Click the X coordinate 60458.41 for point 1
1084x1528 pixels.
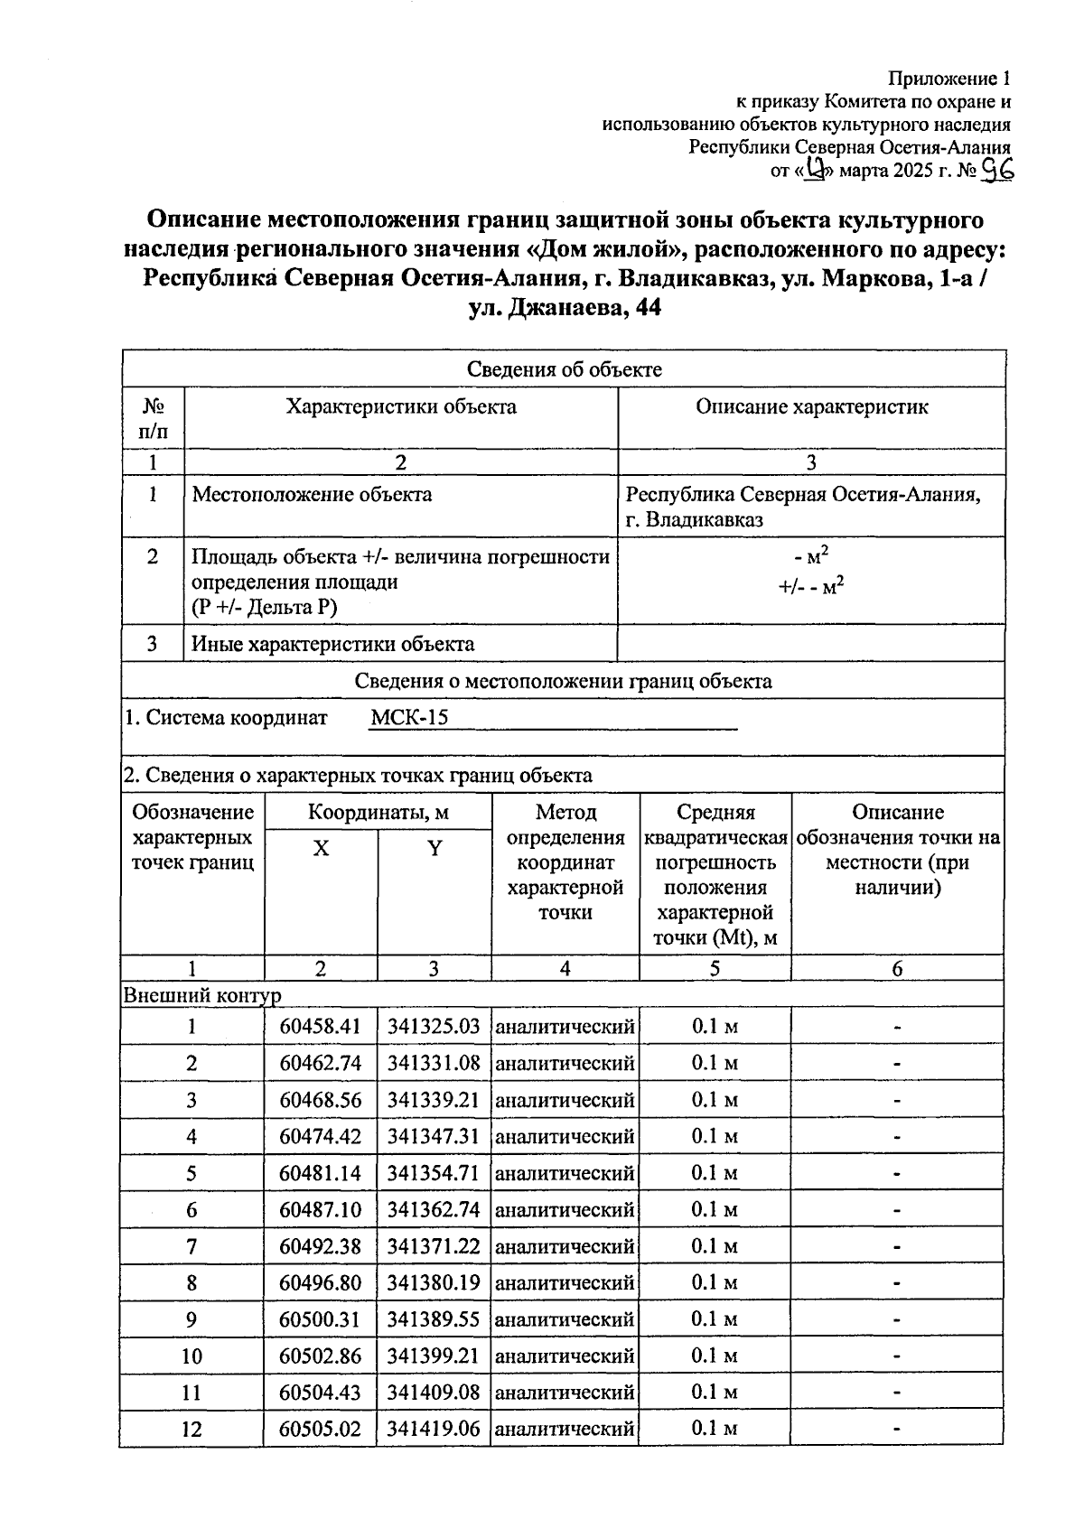[x=320, y=1027]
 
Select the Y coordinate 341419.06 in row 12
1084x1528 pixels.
[x=434, y=1430]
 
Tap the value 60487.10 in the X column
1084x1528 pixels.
[x=320, y=1210]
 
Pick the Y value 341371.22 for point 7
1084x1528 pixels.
[x=434, y=1247]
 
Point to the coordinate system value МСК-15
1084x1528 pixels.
[x=409, y=719]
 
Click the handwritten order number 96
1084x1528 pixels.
[x=998, y=170]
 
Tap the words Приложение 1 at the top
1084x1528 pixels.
[x=948, y=79]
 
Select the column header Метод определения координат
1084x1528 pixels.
[x=565, y=862]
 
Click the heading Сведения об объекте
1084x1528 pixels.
[x=564, y=369]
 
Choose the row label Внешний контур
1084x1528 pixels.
[x=202, y=995]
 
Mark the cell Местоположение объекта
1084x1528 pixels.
[x=313, y=495]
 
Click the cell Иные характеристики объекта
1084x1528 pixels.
[x=333, y=645]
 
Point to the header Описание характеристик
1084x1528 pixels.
[x=811, y=407]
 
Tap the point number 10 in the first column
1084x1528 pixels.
[x=192, y=1356]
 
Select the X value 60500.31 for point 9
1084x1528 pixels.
[x=320, y=1320]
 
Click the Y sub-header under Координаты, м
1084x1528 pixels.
[x=435, y=849]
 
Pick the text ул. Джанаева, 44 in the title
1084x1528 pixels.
[x=565, y=309]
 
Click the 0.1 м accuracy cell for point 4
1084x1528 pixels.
[x=715, y=1137]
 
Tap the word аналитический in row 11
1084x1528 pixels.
[x=565, y=1393]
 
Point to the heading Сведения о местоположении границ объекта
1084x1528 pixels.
[x=564, y=682]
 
